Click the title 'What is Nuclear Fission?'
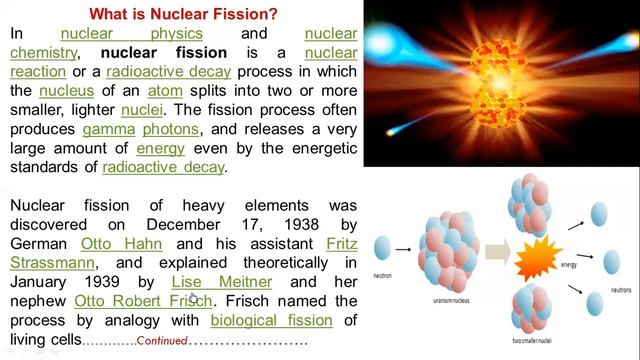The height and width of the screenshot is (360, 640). pos(184,14)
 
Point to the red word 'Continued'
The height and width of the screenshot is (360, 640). pos(162,340)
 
